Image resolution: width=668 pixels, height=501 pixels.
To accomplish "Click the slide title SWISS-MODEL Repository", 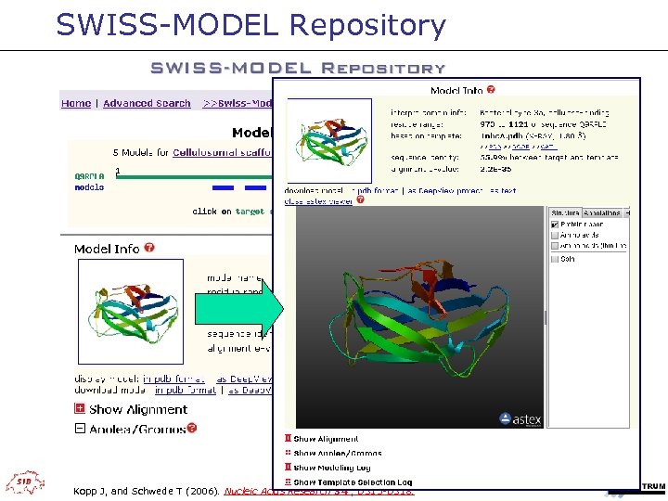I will pos(250,25).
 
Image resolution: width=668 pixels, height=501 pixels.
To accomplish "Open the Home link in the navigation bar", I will pos(76,104).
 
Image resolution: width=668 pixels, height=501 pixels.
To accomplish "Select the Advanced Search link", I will pos(147,104).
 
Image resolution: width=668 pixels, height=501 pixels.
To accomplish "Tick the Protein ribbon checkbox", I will pos(555,225).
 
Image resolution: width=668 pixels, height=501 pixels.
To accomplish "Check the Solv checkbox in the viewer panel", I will pos(555,259).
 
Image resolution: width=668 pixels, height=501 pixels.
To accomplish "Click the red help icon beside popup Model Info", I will pos(491,90).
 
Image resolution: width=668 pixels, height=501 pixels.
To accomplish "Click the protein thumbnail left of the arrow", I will pos(124,306).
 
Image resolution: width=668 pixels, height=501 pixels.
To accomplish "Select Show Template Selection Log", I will pos(352,482).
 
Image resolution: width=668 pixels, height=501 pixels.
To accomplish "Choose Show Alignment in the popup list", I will pos(325,439).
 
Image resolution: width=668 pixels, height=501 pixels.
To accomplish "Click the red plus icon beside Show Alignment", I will pos(80,409).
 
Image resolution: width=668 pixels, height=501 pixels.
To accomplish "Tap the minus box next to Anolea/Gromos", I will pos(80,429).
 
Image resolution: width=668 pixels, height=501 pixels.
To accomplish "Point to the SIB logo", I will pos(24,482).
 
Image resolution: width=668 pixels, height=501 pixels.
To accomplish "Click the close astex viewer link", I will pos(318,200).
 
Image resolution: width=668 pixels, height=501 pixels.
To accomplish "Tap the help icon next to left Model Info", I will pos(149,249).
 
